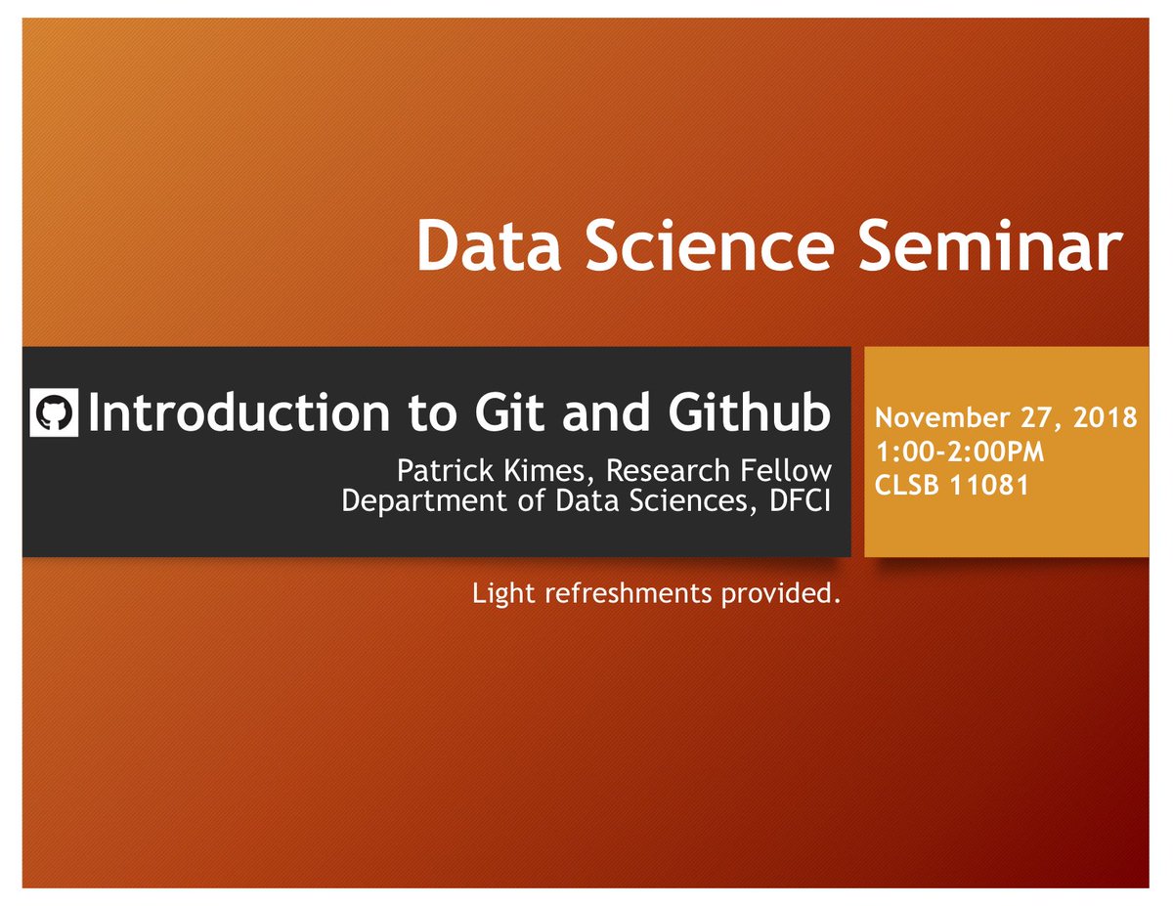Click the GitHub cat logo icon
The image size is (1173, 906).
tap(54, 412)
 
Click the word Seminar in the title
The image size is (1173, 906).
tap(990, 246)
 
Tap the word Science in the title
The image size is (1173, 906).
tap(711, 246)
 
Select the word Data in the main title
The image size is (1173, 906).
tap(489, 246)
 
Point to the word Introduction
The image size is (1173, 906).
tap(239, 412)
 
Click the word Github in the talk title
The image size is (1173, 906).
tap(749, 412)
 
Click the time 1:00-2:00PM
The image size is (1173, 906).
tap(959, 452)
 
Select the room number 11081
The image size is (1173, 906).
tap(989, 485)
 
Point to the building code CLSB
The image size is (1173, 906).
tap(907, 485)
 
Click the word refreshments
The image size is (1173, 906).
tap(629, 593)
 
